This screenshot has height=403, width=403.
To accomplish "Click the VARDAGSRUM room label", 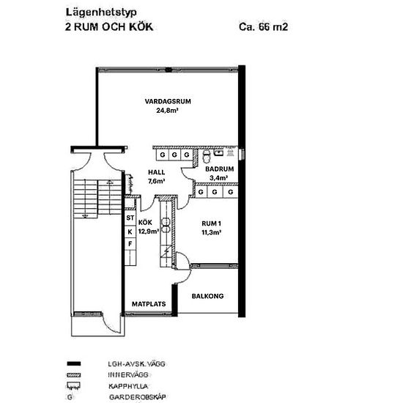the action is point(168,101).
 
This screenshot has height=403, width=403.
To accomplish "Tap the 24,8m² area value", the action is point(167,111).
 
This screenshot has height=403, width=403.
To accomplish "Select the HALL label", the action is point(156,172).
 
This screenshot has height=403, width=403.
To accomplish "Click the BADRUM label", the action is point(220,169).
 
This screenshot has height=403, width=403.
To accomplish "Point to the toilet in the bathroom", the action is point(206,156).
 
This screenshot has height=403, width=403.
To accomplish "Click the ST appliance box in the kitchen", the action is point(130,218).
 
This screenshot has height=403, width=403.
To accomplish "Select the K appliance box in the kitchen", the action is point(130,232).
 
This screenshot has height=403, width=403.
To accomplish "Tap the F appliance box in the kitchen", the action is point(130,244).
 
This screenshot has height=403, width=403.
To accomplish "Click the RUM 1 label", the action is point(211,223).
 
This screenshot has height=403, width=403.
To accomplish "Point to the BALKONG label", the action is point(207,296).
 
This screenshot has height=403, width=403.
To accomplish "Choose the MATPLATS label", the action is point(149,304).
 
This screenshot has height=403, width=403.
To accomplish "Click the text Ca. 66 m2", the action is point(264,26).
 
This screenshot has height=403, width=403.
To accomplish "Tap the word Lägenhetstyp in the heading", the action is point(101,12).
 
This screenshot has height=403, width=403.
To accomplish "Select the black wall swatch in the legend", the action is point(74,363).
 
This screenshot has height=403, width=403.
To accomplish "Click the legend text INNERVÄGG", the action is point(128,375).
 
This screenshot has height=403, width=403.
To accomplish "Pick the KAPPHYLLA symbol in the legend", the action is point(73,385).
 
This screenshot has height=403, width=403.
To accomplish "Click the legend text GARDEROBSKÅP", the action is point(138,397).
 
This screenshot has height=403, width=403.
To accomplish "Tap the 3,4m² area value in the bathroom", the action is point(219,177).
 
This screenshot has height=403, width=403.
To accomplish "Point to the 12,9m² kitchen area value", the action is point(149,232).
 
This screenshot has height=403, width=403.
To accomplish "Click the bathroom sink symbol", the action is point(218,153).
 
